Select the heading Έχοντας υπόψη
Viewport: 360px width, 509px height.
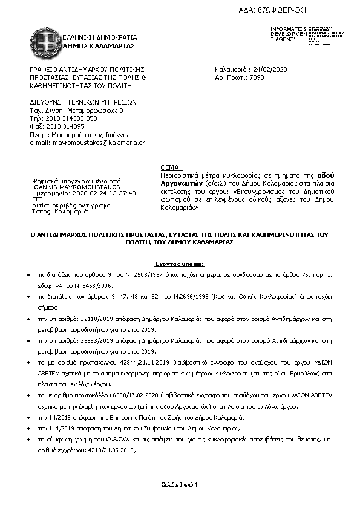pyautogui.click(x=179, y=264)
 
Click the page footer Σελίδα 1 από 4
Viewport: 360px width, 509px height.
pyautogui.click(x=179, y=485)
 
